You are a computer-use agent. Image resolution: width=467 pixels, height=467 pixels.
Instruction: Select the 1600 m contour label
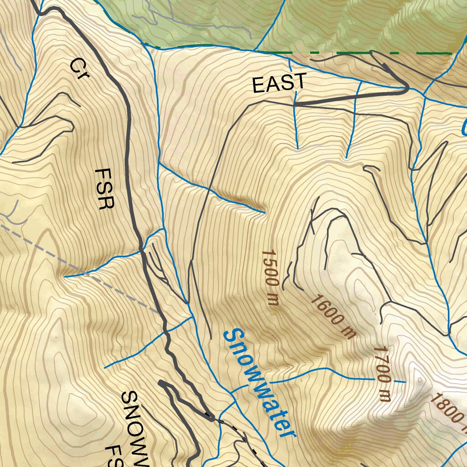tap(333, 317)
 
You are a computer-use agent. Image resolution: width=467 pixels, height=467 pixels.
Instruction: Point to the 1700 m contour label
tap(383, 374)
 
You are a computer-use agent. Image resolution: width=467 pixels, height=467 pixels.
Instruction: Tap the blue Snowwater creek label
tap(259, 383)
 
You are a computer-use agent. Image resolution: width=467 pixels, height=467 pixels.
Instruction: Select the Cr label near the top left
tap(78, 69)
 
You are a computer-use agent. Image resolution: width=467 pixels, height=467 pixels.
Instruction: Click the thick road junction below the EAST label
tap(296, 104)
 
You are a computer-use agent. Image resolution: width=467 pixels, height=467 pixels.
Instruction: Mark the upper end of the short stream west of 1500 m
tap(264, 212)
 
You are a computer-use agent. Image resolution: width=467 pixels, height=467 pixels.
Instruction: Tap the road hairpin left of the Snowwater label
tap(162, 384)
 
